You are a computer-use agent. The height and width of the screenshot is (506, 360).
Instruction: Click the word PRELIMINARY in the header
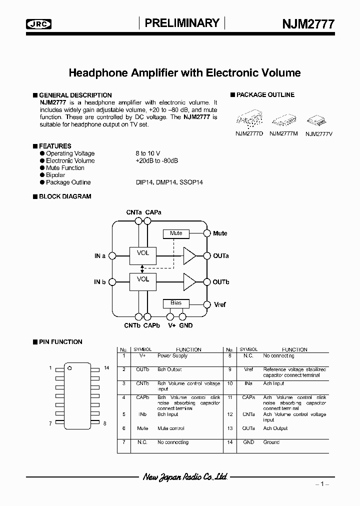182,23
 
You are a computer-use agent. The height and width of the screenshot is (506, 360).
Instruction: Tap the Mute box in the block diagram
176,233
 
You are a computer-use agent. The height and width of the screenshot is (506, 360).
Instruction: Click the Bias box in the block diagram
176,303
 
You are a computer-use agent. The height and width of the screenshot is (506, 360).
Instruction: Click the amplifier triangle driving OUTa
189,255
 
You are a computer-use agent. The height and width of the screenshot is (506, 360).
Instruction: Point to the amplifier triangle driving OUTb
189,281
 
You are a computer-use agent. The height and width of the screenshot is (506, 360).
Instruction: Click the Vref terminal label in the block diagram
219,304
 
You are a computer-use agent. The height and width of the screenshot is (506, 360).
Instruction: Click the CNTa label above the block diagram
134,212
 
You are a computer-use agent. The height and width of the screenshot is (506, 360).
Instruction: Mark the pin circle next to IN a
112,255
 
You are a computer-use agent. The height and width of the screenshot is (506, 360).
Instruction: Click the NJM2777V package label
318,133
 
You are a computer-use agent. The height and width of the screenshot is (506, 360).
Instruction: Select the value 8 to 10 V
147,153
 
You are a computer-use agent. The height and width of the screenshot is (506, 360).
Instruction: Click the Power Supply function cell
172,356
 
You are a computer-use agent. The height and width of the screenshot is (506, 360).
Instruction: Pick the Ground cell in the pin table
271,442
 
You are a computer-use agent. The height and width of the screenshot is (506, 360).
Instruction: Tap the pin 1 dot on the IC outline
69,369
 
